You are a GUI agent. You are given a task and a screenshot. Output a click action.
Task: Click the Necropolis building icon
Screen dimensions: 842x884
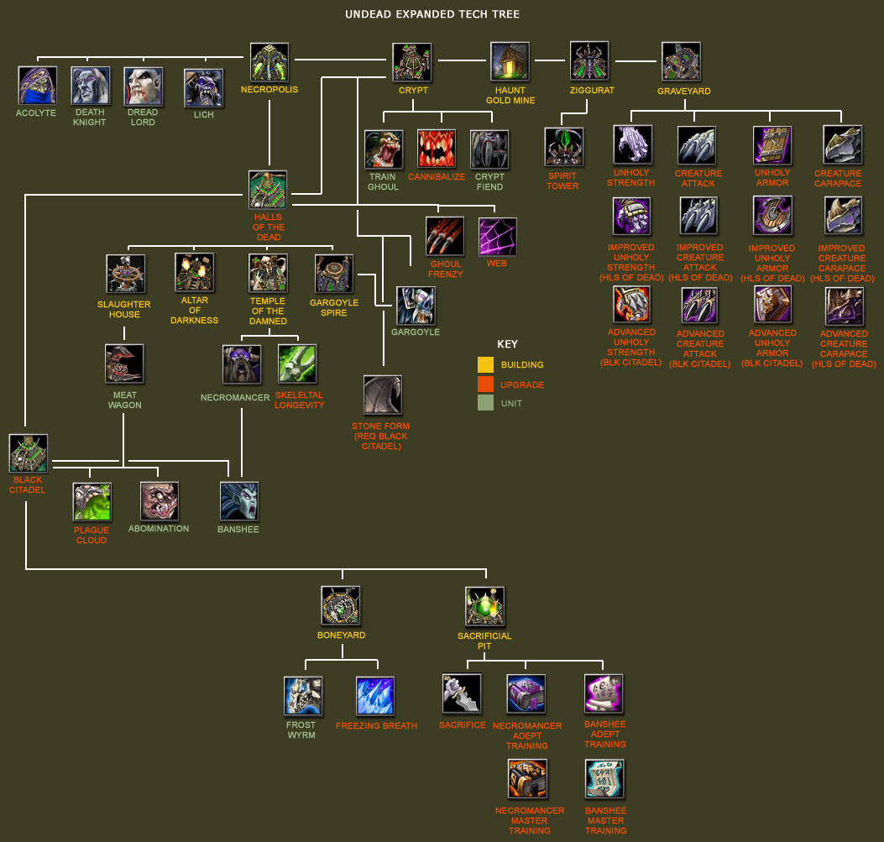click(x=269, y=62)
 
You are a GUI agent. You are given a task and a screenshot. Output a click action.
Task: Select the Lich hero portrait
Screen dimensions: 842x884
click(x=204, y=88)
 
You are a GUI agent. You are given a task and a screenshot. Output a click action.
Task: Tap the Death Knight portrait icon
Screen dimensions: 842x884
click(x=90, y=86)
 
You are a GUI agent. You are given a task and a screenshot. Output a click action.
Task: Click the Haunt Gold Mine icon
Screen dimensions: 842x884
click(x=510, y=62)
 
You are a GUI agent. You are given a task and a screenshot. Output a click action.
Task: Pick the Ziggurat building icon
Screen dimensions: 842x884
click(x=589, y=61)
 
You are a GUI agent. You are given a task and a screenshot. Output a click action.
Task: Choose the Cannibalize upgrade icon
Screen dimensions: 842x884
click(x=437, y=149)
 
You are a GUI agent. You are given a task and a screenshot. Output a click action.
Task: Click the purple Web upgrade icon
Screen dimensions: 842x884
click(x=497, y=237)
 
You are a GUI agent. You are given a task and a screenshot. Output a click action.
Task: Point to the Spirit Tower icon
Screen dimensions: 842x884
click(x=563, y=148)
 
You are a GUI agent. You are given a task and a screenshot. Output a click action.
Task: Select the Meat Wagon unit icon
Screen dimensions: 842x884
click(x=124, y=363)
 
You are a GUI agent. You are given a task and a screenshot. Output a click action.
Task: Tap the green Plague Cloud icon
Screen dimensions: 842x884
click(x=92, y=501)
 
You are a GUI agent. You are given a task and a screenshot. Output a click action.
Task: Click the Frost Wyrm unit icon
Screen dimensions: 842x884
click(x=303, y=696)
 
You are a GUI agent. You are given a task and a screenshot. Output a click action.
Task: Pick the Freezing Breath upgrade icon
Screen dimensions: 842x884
click(x=375, y=696)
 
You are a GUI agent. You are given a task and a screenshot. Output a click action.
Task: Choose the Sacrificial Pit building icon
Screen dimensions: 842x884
click(x=484, y=606)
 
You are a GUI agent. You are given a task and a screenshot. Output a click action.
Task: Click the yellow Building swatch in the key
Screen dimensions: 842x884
click(x=485, y=365)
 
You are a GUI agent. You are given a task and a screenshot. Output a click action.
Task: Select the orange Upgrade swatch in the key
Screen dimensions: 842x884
click(x=485, y=384)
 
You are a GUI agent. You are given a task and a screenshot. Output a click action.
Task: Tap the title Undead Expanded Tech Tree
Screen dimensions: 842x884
click(x=432, y=14)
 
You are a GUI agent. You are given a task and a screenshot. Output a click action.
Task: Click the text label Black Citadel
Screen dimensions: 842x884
click(x=28, y=485)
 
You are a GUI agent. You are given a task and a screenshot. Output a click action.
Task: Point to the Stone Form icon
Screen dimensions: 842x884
click(x=382, y=395)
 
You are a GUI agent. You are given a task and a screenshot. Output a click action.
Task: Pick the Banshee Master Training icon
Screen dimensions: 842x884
click(x=604, y=779)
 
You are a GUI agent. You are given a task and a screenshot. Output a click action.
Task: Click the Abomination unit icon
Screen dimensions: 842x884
click(x=160, y=501)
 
